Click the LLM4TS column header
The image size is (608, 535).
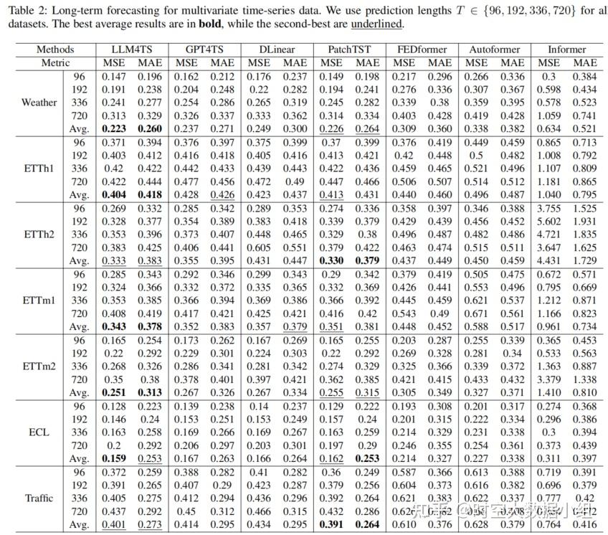130,49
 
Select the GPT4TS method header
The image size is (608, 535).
204,49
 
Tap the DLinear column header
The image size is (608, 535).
277,49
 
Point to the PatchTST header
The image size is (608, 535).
349,49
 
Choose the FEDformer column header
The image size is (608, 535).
422,49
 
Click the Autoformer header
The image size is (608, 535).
495,49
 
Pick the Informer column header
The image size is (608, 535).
567,49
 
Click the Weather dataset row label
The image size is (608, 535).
39,102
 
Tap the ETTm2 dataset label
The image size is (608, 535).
39,366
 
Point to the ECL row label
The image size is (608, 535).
39,432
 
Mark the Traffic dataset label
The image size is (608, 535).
39,498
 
